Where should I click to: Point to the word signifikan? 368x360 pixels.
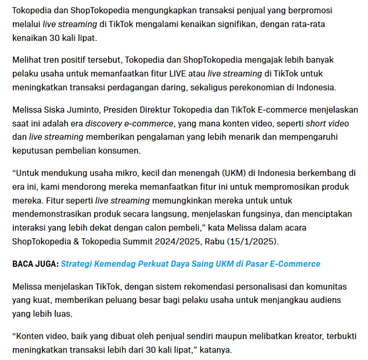pos(234,24)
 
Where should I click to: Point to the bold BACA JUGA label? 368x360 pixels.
pos(35,264)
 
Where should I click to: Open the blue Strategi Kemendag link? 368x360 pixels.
pos(190,264)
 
